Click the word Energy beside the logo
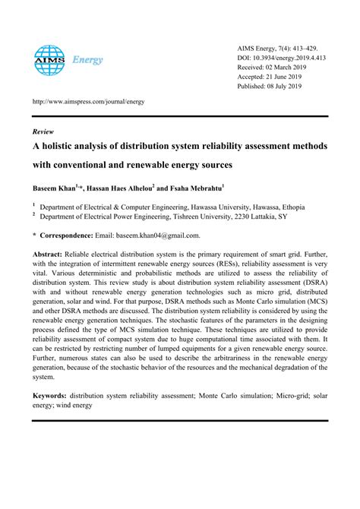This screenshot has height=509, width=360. coord(87,60)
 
